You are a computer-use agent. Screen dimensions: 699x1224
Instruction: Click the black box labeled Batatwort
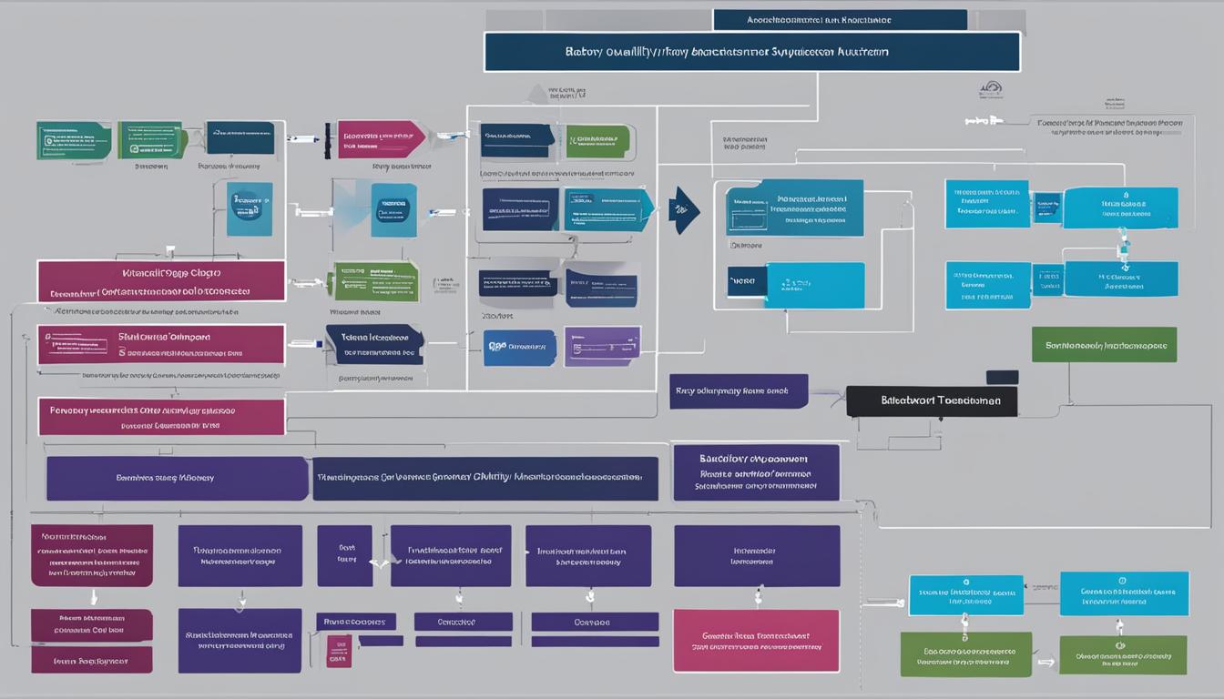click(932, 400)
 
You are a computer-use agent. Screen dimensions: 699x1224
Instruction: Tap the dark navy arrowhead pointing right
click(684, 210)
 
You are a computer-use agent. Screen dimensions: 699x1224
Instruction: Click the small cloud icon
click(991, 89)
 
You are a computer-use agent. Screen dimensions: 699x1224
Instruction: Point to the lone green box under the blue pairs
click(1104, 345)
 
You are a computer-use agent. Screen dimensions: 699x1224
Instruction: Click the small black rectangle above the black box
click(1002, 377)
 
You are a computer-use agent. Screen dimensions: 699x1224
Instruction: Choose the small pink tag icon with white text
click(338, 651)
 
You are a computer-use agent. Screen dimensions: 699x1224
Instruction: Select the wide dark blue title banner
click(751, 52)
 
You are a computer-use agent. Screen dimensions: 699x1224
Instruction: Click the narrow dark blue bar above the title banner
click(839, 19)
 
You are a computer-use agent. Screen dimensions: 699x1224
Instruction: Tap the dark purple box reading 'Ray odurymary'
click(739, 390)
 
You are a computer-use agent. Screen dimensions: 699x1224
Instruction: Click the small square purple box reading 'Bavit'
click(344, 555)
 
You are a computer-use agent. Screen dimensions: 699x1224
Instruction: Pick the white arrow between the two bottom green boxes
click(1045, 664)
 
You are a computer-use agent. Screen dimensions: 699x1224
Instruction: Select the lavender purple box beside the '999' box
click(602, 347)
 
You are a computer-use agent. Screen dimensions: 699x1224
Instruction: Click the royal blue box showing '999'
click(519, 348)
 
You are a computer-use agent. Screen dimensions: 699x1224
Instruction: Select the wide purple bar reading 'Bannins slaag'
click(177, 478)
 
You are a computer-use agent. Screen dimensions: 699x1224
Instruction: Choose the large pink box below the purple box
click(755, 641)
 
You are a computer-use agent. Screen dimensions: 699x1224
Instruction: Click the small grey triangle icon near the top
click(538, 92)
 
